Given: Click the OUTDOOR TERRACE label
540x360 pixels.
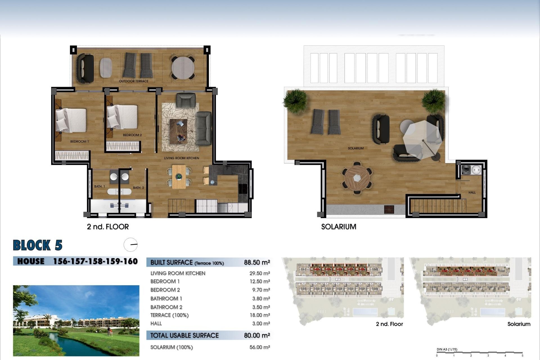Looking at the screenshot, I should click(x=133, y=81).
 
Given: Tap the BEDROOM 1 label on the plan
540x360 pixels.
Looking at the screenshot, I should click(x=79, y=141).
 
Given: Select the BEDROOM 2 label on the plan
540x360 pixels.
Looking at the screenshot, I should click(x=132, y=135).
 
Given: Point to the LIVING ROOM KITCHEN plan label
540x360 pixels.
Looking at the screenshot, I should click(x=181, y=158).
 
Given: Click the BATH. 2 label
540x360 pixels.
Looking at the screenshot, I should click(x=138, y=188).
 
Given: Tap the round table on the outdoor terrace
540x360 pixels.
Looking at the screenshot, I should click(x=183, y=68).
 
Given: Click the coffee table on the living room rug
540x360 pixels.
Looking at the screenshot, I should click(x=178, y=131).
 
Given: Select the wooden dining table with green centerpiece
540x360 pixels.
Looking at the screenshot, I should click(x=179, y=177).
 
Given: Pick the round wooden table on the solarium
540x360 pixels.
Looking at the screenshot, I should click(x=357, y=178).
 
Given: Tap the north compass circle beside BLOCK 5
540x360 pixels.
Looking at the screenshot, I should click(x=130, y=245).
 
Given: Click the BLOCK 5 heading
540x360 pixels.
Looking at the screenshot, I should click(x=37, y=245).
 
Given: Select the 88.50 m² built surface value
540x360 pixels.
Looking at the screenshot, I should click(x=257, y=262).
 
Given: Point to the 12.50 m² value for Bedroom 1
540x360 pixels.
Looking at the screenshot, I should click(x=260, y=282).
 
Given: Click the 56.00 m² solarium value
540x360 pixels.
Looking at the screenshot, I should click(x=260, y=347).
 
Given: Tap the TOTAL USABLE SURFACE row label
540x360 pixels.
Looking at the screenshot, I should click(x=184, y=335).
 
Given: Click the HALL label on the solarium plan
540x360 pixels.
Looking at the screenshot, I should click(x=472, y=193).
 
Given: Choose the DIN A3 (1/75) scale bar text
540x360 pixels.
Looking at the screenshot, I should click(x=447, y=350).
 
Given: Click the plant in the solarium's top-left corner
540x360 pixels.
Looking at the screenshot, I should click(x=295, y=100).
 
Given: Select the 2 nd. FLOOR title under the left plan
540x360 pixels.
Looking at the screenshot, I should click(x=108, y=227).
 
